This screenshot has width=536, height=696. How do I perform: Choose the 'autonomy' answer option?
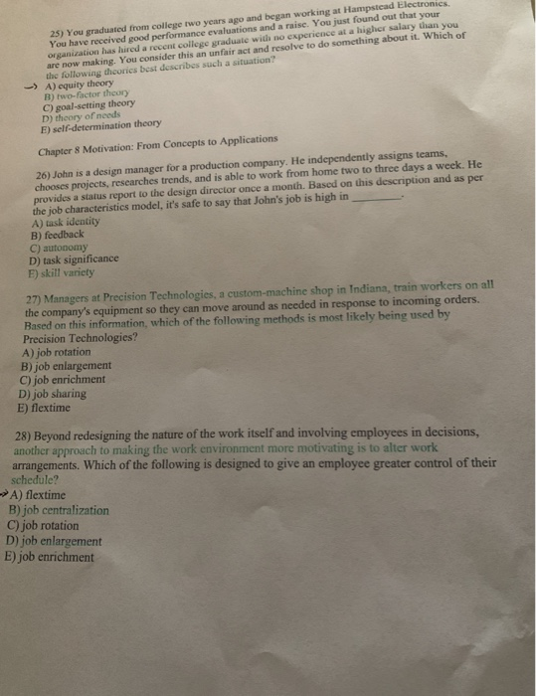(71, 247)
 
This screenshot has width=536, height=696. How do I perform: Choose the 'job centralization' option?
(65, 510)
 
